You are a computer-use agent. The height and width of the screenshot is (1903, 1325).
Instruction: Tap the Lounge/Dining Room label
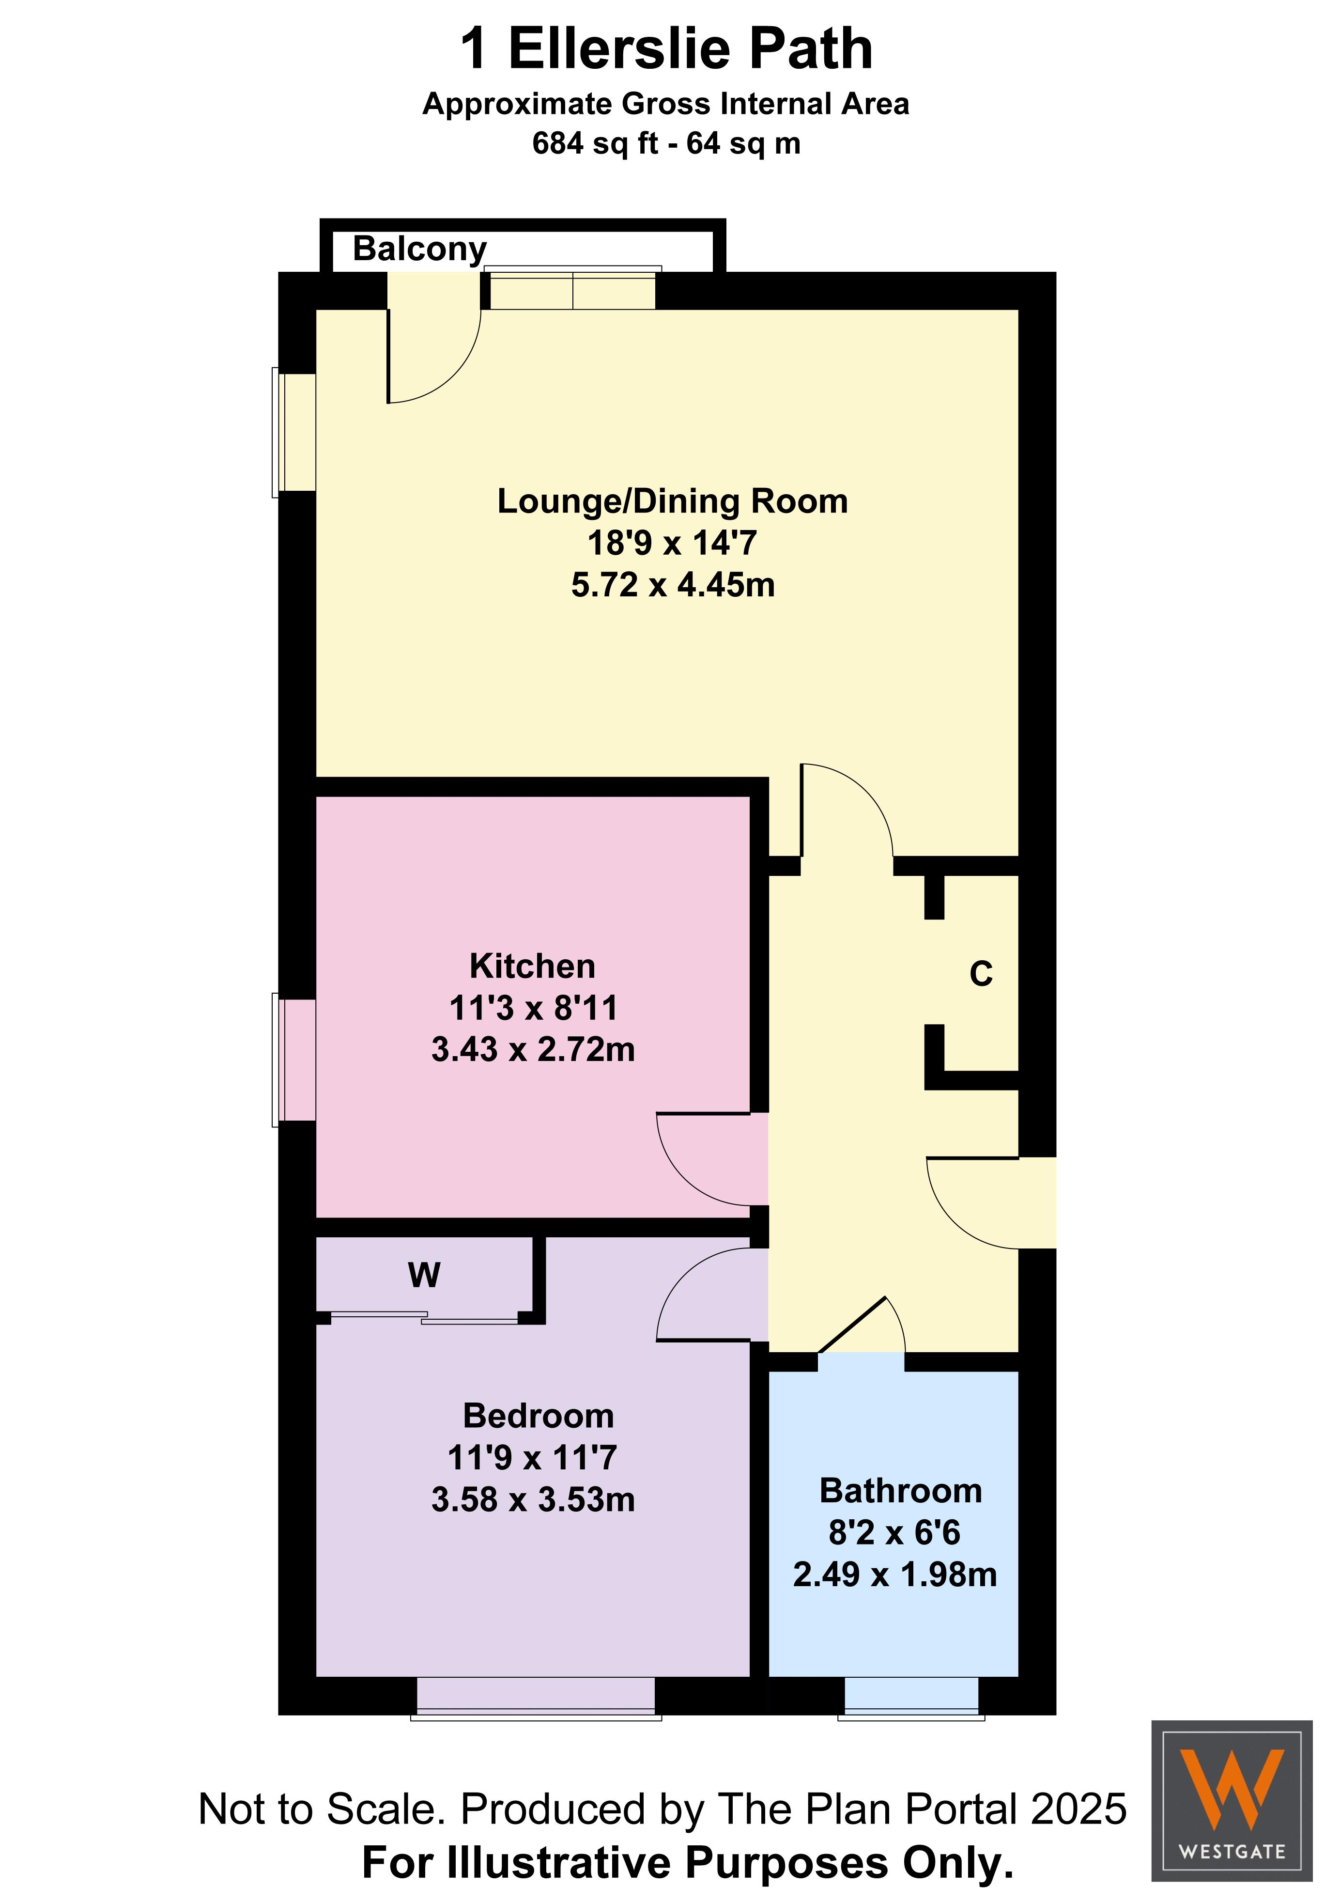click(672, 501)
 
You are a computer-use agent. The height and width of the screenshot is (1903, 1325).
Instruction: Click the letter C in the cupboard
click(981, 974)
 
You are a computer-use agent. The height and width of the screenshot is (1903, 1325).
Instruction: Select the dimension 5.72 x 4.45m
click(673, 585)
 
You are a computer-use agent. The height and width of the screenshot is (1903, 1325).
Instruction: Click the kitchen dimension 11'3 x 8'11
click(533, 1008)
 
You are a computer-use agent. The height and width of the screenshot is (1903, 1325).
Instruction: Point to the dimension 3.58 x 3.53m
click(533, 1499)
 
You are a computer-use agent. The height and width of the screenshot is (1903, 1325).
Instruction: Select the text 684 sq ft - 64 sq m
click(666, 143)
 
